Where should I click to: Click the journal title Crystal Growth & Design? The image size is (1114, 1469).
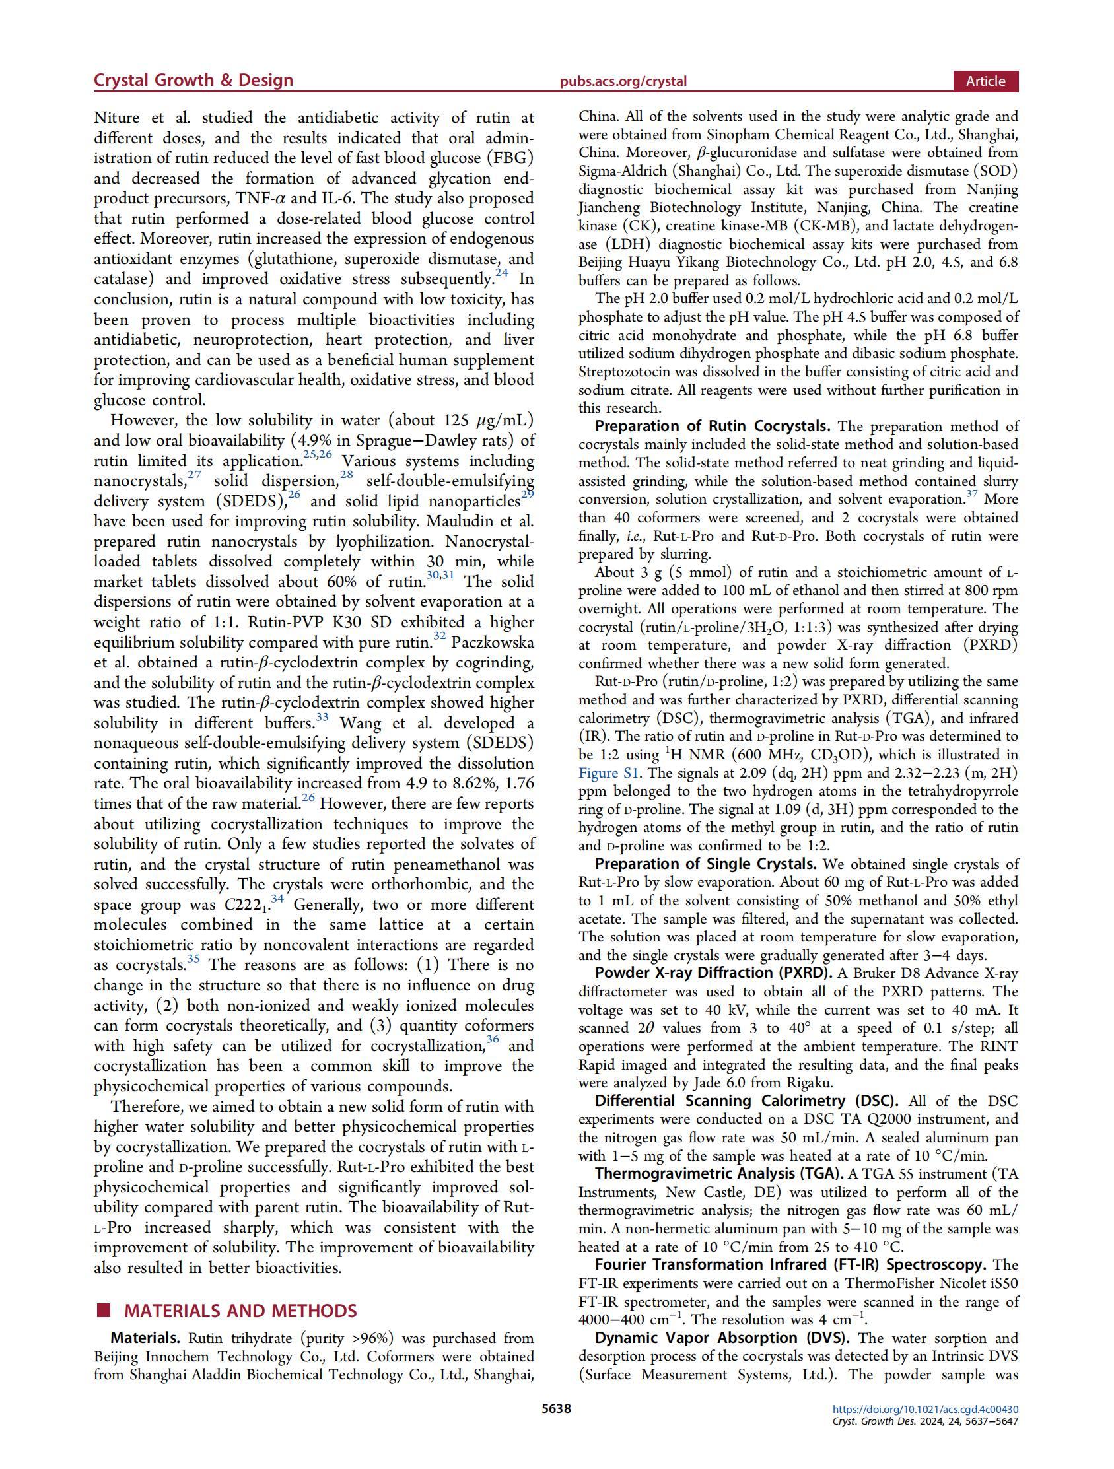[x=193, y=81]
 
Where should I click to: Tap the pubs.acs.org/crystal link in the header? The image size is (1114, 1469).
[x=623, y=82]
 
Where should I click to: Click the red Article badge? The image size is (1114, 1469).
[x=985, y=81]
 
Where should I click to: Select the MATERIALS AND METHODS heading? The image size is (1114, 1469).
[x=240, y=1311]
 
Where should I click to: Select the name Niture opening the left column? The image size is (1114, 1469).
[x=117, y=118]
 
